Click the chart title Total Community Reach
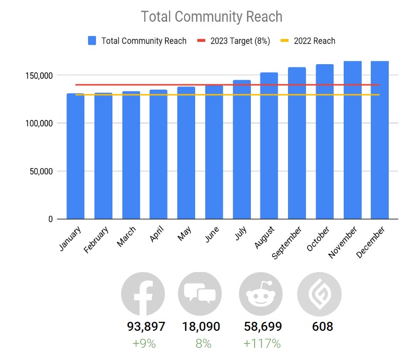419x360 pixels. tap(211, 16)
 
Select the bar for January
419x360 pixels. tap(75, 156)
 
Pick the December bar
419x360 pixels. tap(380, 141)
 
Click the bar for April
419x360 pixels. tap(158, 154)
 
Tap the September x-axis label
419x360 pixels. tap(286, 243)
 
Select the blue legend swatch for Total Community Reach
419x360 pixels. tap(92, 41)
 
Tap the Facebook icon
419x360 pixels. tap(143, 294)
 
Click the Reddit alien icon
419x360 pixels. tap(260, 294)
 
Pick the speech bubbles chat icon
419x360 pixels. tap(200, 294)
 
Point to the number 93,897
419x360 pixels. tap(146, 327)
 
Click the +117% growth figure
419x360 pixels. tap(261, 344)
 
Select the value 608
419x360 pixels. tap(322, 327)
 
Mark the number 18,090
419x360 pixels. tap(201, 327)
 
